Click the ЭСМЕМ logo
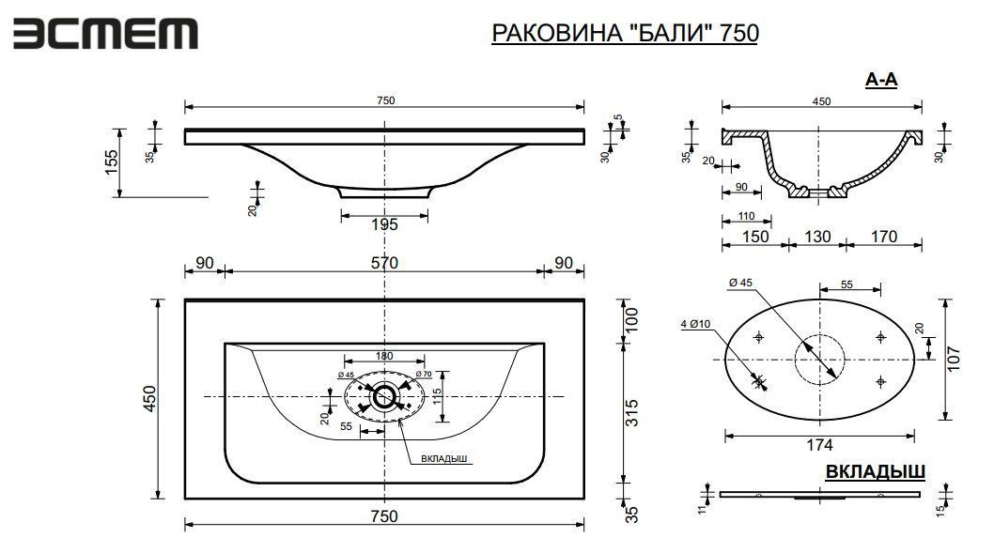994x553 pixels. click(x=105, y=34)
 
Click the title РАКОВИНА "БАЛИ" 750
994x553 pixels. click(x=625, y=33)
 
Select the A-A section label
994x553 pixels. click(x=881, y=80)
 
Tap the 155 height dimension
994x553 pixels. click(x=111, y=162)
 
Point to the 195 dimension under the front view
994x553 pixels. click(x=384, y=224)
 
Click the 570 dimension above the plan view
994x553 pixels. click(x=384, y=262)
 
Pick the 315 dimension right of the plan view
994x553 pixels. click(x=631, y=412)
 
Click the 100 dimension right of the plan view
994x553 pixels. click(x=631, y=320)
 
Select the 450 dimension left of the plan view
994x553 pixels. click(x=149, y=398)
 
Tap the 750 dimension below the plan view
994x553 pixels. click(x=384, y=516)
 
